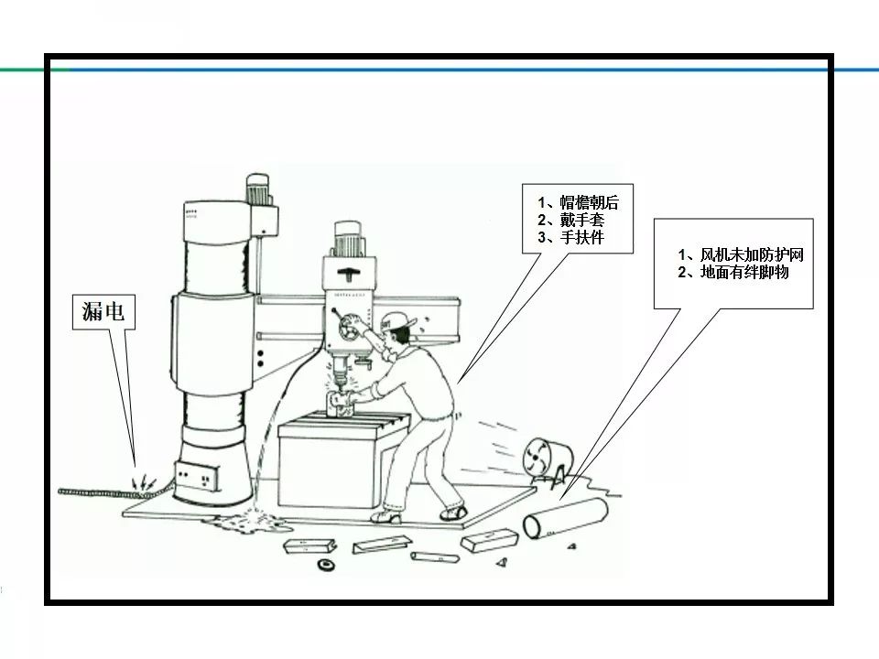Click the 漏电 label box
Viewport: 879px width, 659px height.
[x=103, y=313]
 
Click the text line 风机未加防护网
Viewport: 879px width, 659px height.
[x=745, y=254]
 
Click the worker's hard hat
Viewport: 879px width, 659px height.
[x=395, y=319]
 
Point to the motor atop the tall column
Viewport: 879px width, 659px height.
[x=260, y=190]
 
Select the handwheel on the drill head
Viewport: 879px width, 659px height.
[x=345, y=322]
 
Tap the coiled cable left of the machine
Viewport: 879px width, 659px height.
[x=92, y=490]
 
